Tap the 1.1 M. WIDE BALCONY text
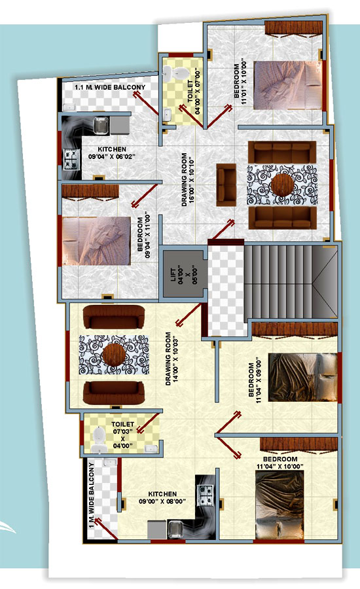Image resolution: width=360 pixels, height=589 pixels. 110,87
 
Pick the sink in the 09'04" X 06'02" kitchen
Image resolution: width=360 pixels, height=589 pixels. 100,125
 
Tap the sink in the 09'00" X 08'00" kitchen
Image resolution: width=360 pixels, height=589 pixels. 175,529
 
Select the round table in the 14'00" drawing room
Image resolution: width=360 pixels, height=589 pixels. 113,355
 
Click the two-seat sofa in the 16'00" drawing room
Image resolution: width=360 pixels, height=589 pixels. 226,185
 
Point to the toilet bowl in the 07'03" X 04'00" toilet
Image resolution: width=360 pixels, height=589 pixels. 98,439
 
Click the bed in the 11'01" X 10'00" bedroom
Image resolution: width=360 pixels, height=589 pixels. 287,85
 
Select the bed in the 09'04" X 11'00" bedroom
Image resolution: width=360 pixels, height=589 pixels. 97,241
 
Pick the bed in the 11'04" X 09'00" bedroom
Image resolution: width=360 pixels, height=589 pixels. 302,377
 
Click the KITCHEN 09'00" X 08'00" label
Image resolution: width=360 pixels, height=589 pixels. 162,497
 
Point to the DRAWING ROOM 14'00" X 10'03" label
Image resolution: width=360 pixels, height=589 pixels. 171,359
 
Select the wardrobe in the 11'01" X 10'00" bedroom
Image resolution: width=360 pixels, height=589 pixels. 293,29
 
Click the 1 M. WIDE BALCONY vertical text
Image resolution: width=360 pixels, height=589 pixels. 92,495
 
